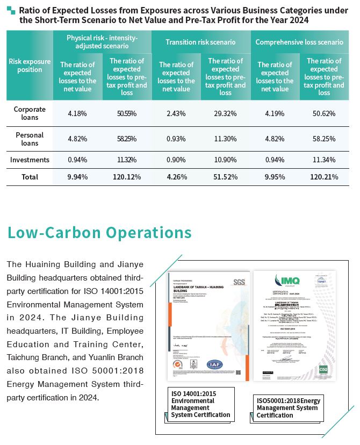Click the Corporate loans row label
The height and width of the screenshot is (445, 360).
click(x=30, y=113)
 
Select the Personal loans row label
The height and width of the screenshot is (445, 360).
click(x=30, y=139)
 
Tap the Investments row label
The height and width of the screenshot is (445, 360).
click(x=30, y=160)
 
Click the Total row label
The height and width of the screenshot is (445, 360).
click(x=30, y=176)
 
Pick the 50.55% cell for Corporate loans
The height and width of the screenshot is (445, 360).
click(x=127, y=113)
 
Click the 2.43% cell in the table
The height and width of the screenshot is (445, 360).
click(x=176, y=113)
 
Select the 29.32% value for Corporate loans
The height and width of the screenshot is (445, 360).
click(x=226, y=113)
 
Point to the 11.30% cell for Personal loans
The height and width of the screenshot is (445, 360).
click(x=226, y=139)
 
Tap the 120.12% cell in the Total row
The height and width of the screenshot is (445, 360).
click(x=127, y=176)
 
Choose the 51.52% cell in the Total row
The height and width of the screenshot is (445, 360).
click(x=226, y=176)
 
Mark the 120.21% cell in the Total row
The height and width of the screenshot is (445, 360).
click(x=324, y=176)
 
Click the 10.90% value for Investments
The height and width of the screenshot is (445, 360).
click(x=226, y=160)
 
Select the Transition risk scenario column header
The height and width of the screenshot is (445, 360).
click(x=200, y=42)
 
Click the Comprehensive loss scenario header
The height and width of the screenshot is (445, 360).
click(x=299, y=42)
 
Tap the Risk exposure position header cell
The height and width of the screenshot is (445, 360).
click(x=30, y=66)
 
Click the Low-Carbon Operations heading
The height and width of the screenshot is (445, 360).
click(x=99, y=232)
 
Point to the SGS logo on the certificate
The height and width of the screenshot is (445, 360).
click(x=239, y=282)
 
